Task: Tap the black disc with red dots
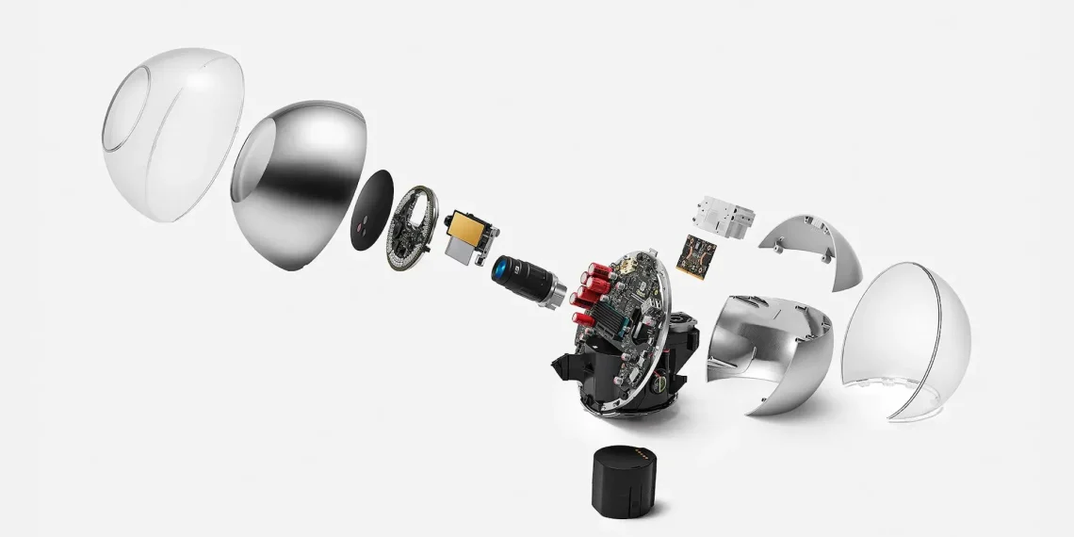(371, 211)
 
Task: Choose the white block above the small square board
(725, 216)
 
